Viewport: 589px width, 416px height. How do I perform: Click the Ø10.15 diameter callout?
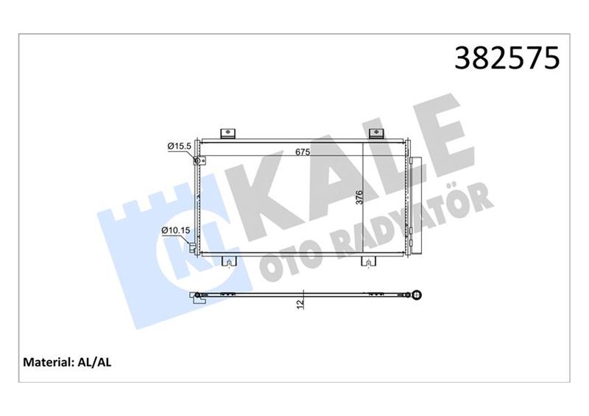coord(177,231)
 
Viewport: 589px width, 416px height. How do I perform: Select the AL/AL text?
coord(95,362)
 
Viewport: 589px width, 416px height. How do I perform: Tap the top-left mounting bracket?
coord(228,134)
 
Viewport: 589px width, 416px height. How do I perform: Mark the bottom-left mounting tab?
coord(229,261)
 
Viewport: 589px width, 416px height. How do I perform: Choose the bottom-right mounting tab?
coord(367,261)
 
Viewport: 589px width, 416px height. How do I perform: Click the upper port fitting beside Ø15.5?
coord(196,162)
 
